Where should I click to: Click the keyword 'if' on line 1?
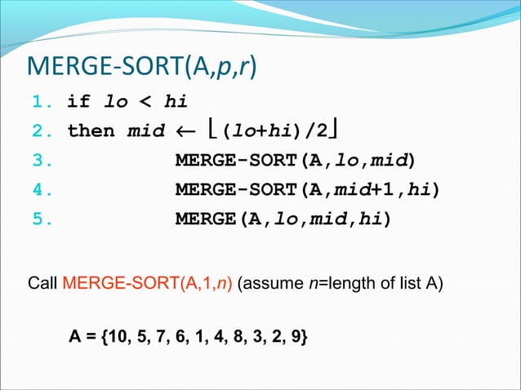click(78, 103)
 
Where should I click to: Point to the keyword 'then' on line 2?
click(91, 131)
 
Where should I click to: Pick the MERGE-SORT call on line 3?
click(295, 161)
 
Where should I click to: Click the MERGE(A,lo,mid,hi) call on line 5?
click(282, 219)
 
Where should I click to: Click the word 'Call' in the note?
click(43, 286)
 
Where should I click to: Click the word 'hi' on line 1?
click(176, 103)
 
